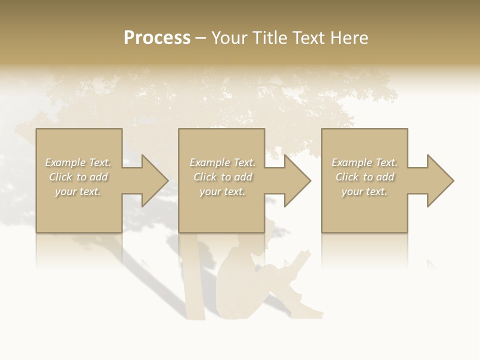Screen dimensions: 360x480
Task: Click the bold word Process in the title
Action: coord(157,38)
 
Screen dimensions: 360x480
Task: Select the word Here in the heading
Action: coord(348,38)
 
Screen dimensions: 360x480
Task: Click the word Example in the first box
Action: coord(65,162)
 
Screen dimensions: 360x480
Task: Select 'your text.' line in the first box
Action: coord(78,191)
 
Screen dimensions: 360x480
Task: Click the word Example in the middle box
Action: coord(209,162)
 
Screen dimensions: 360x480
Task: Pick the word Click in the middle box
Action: coord(205,177)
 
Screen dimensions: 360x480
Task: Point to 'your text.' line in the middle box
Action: coord(222,191)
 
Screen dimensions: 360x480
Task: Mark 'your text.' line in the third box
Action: coord(364,191)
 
